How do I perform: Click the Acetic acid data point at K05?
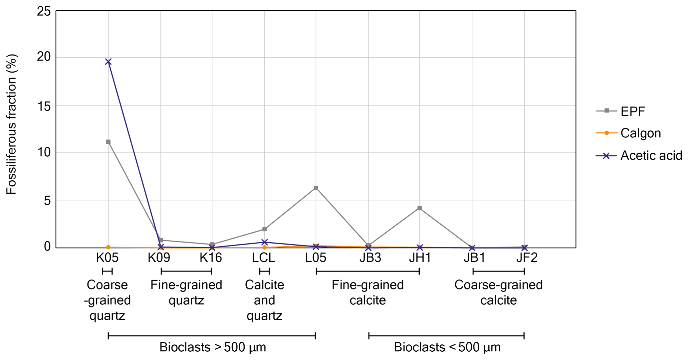point(108,62)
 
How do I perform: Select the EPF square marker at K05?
point(108,142)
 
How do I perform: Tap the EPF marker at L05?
point(316,188)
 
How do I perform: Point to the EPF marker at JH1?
point(420,208)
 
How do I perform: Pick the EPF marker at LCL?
point(265,229)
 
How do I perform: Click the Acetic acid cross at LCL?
point(265,242)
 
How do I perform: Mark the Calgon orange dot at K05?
point(108,248)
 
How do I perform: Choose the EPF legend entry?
point(632,111)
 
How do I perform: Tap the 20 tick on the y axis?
point(44,57)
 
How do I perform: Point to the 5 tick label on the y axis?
point(47,201)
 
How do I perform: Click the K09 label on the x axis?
point(159,258)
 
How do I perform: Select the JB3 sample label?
point(370,258)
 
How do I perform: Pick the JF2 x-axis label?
point(527,258)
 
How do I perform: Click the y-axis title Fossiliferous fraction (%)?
point(12,124)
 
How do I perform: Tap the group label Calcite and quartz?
point(265,300)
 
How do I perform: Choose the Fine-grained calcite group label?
point(368,292)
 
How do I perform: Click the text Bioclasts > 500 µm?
point(213,347)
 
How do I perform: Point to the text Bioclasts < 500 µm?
point(447,347)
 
